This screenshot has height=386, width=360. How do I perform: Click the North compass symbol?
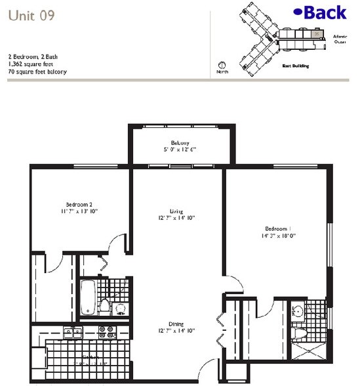point(222,66)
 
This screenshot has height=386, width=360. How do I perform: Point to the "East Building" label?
point(295,66)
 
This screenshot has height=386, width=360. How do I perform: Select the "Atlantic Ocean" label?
point(340,39)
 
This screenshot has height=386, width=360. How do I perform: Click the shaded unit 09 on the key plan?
point(318,33)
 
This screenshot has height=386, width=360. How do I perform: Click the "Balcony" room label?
point(180,142)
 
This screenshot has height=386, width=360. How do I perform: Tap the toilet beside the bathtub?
point(104,307)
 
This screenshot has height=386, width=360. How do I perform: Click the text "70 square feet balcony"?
point(39,72)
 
